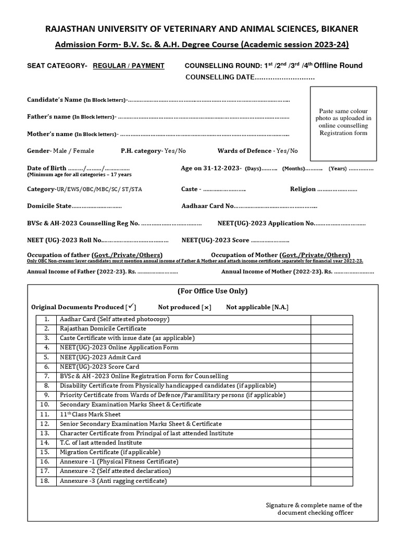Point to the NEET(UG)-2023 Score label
click(216, 240)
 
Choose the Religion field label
click(303, 189)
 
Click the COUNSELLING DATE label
click(219, 77)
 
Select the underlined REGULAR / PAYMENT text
click(129, 66)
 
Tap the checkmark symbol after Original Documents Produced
click(132, 307)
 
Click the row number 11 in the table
click(46, 414)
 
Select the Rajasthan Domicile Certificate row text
click(103, 329)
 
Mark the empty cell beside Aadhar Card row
click(332, 319)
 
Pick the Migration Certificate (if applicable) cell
click(110, 452)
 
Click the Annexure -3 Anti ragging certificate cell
click(113, 481)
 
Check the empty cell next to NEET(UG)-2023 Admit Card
click(332, 357)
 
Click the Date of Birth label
click(46, 168)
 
